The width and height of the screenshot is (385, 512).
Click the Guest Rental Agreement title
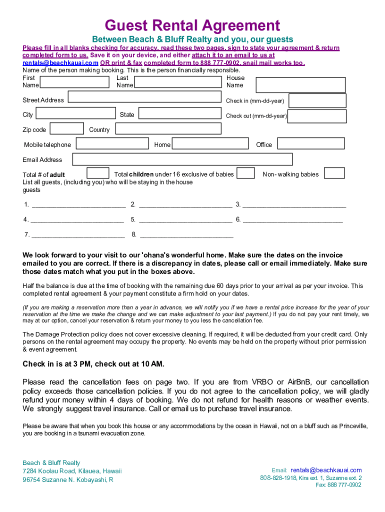pyautogui.click(x=192, y=25)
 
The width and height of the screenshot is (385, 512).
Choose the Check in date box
pyautogui.click(x=317, y=100)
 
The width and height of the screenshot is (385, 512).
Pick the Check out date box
pyautogui.click(x=317, y=116)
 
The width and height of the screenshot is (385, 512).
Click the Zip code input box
pyautogui.click(x=67, y=128)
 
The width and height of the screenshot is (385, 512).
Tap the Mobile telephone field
pyautogui.click(x=112, y=143)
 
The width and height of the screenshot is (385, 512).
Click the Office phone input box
pyautogui.click(x=310, y=143)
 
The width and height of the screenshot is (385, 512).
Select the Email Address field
pyautogui.click(x=182, y=159)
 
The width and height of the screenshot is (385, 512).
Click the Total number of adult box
pyautogui.click(x=97, y=173)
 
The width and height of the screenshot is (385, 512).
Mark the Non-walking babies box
pyautogui.click(x=334, y=173)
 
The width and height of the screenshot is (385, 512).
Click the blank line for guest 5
pyautogui.click(x=185, y=220)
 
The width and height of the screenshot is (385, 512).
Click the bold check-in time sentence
pyautogui.click(x=93, y=363)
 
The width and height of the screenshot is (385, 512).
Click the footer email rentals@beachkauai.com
pyautogui.click(x=325, y=470)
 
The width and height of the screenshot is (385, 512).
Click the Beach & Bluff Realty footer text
pyautogui.click(x=51, y=462)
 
